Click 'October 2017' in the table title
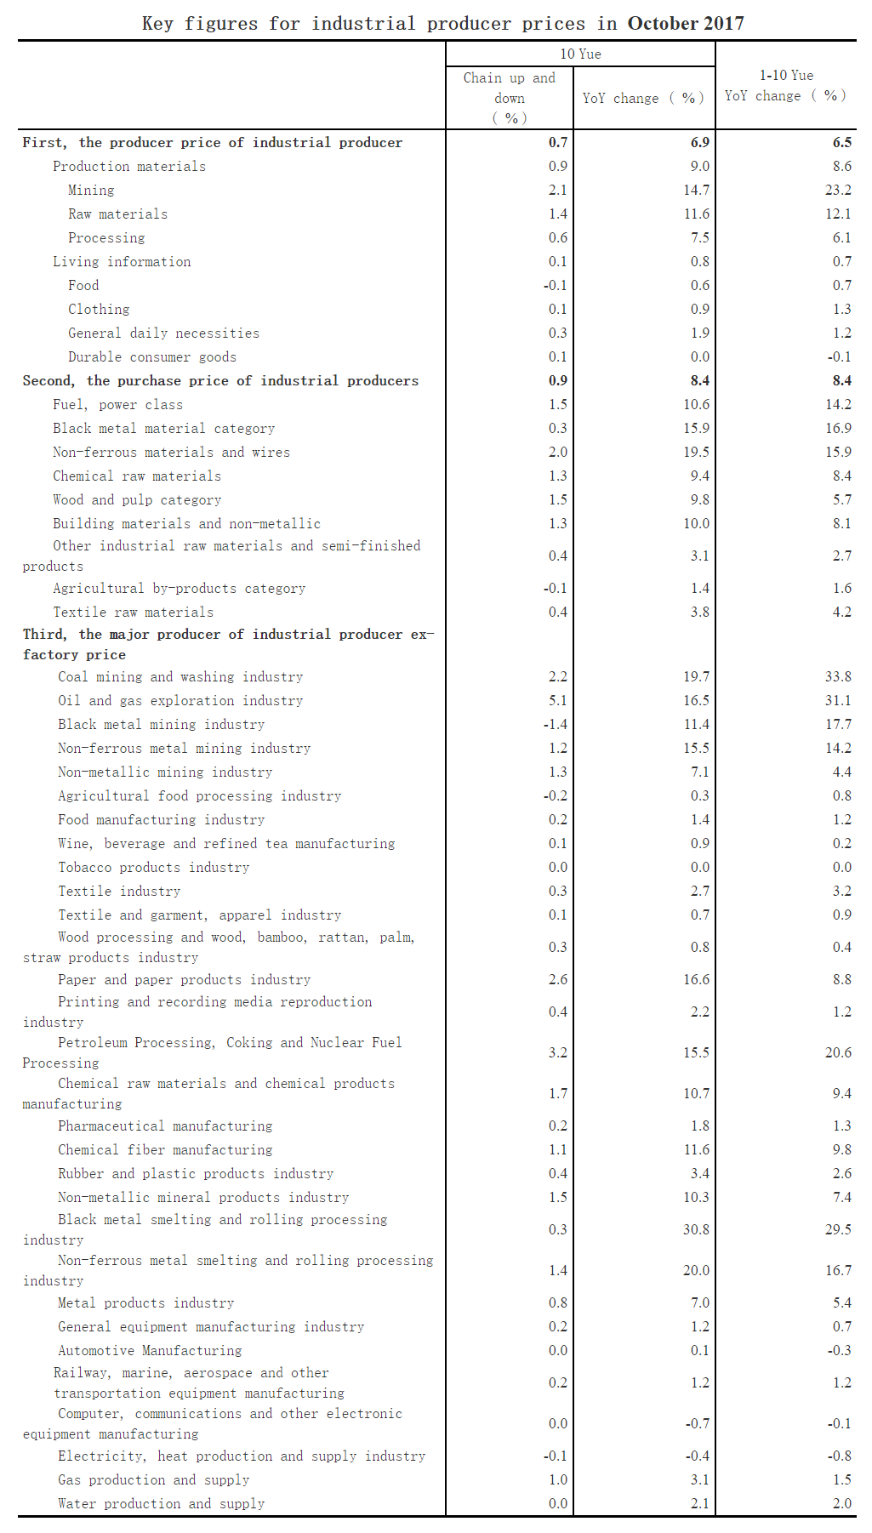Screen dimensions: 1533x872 (x=686, y=23)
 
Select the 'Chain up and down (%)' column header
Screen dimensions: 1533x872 (x=509, y=98)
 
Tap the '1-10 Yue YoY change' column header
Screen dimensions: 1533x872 (x=785, y=86)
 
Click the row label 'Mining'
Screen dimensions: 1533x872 (x=91, y=191)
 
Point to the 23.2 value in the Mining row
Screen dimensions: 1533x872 (x=837, y=191)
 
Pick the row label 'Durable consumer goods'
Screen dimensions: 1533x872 (x=152, y=357)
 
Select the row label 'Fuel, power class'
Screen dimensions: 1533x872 (x=117, y=405)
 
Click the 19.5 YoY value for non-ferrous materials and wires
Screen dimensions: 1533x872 (x=696, y=453)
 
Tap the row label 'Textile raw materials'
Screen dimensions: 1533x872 (x=133, y=613)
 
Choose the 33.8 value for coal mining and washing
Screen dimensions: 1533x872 (x=837, y=677)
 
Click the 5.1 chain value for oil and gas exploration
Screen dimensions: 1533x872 (x=557, y=701)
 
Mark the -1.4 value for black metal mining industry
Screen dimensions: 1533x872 (x=555, y=725)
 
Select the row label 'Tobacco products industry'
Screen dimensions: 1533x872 (x=153, y=868)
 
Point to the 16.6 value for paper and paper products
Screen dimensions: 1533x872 (x=696, y=980)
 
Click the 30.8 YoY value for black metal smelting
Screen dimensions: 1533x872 (x=696, y=1230)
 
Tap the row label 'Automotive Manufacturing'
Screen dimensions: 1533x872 (x=150, y=1351)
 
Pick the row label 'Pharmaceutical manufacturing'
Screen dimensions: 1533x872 (x=165, y=1126)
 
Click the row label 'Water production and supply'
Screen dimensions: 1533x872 (x=161, y=1504)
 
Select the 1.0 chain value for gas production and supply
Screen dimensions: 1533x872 (x=557, y=1480)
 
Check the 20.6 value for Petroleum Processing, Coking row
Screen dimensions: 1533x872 (x=837, y=1053)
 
